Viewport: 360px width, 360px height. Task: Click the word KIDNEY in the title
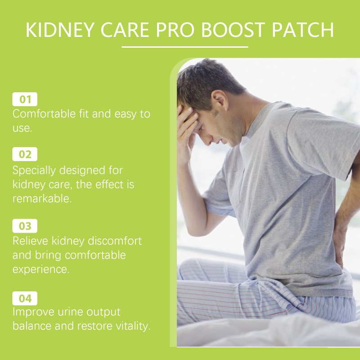point(60,30)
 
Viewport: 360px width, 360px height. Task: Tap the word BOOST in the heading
point(233,30)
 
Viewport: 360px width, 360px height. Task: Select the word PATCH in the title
point(302,30)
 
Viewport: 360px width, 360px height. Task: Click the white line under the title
point(185,47)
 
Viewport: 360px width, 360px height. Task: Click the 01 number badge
point(25,99)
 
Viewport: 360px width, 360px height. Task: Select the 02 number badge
point(25,154)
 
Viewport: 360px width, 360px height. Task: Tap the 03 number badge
point(25,226)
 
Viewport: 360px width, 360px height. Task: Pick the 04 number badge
point(25,298)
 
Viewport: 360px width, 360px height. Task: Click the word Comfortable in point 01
point(44,114)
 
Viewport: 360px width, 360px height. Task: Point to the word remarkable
point(42,198)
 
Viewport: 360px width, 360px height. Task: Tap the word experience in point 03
point(41,270)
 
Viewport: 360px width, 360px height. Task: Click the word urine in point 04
point(71,312)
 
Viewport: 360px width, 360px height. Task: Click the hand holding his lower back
point(339,243)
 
